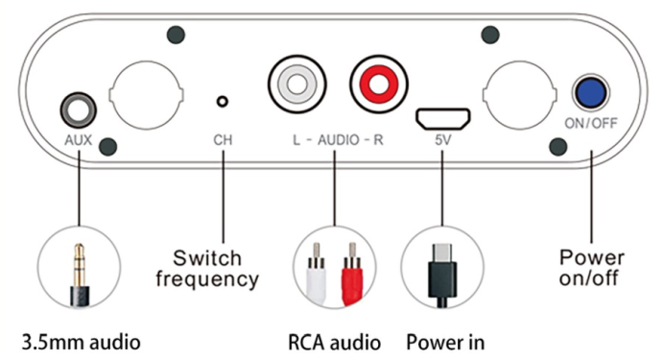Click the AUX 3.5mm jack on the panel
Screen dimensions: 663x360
point(79,110)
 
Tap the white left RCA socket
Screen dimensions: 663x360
point(296,84)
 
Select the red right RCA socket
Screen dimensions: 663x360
point(378,84)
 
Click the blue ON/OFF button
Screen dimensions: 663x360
point(591,93)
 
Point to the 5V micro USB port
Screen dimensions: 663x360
point(442,119)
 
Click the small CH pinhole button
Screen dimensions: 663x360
point(222,102)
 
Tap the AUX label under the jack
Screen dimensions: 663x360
point(79,140)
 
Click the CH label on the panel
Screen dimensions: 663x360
point(223,140)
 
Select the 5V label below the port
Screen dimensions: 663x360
point(442,140)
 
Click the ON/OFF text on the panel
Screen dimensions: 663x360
point(591,123)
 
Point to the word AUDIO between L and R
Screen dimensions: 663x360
point(339,140)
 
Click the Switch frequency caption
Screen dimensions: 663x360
point(207,269)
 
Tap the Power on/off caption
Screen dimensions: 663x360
point(592,268)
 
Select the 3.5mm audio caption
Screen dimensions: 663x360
point(82,342)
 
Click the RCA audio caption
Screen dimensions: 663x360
point(335,342)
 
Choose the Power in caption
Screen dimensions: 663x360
point(445,342)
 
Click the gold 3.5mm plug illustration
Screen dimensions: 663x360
point(79,275)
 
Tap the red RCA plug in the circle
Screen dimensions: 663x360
point(352,274)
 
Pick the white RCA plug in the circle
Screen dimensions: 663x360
point(316,274)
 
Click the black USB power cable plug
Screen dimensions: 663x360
point(442,276)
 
